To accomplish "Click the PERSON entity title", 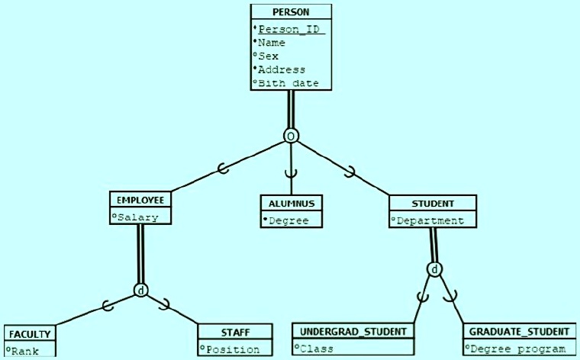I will [x=291, y=12].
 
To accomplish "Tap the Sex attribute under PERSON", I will [x=269, y=56].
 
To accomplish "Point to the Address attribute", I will [x=282, y=69].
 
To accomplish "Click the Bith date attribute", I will [x=288, y=83].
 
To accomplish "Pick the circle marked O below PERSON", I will [x=291, y=136].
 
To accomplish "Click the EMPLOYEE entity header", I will [x=140, y=200].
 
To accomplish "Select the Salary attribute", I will [x=138, y=217].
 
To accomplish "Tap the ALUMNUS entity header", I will [x=291, y=204].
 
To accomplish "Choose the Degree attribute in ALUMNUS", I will [x=288, y=220].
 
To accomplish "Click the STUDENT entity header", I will [x=433, y=204].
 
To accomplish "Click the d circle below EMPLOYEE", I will [x=140, y=290].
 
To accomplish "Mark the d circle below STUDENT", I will [x=433, y=269].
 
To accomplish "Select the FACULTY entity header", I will [x=30, y=334].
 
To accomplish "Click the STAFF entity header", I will [x=235, y=332].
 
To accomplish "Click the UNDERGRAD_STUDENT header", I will [x=353, y=332].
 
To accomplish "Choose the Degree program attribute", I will [x=518, y=349].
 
